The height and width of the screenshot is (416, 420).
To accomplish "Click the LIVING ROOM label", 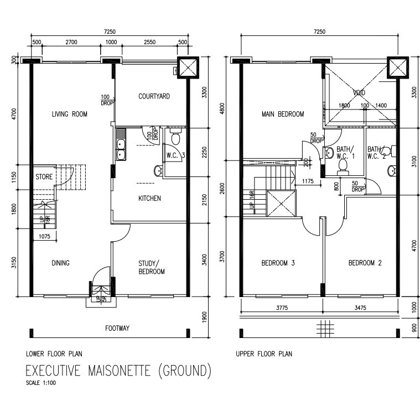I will tap(70, 115).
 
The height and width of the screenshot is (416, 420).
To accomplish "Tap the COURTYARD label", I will tap(154, 96).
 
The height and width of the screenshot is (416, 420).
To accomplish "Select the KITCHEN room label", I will tap(149, 198).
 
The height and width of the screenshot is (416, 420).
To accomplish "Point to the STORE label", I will tap(44, 178).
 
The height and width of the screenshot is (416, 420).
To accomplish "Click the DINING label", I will tap(60, 263).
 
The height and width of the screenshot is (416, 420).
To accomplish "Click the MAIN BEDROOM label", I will tap(283, 115).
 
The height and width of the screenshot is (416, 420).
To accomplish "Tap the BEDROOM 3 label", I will tap(278, 263).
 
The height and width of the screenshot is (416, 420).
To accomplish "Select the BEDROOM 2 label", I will tap(365, 263).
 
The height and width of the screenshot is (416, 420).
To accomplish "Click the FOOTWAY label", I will tap(117, 329).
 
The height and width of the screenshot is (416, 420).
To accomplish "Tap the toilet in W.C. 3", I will tap(176, 137).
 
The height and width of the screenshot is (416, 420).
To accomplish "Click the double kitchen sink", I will tap(121, 145).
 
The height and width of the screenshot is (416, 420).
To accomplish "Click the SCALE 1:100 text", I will tap(40, 382).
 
